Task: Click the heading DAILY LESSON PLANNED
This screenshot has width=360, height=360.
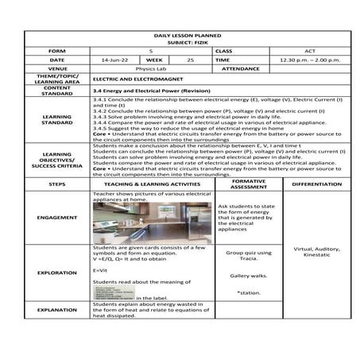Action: pos(188,36)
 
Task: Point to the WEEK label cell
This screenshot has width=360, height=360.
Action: pos(154,60)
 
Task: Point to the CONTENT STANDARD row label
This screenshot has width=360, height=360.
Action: pos(56,91)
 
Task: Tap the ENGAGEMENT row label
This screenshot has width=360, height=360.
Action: pos(56,217)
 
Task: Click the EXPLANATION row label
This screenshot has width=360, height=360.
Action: pos(56,309)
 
